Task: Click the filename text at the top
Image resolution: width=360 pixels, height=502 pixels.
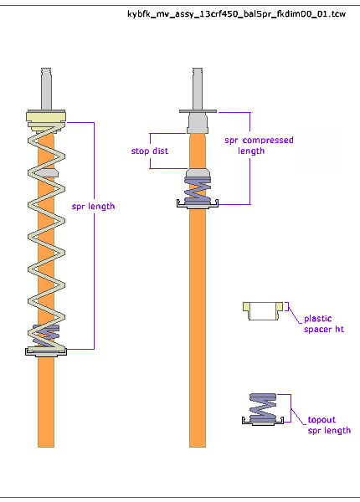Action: pos(236,14)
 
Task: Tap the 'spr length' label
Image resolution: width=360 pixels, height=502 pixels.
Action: pos(93,207)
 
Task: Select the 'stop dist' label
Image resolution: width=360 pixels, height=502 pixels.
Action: pos(150,151)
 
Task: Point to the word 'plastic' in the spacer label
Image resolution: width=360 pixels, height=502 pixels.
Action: pos(318,319)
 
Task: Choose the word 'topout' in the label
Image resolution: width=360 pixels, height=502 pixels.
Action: pos(321,420)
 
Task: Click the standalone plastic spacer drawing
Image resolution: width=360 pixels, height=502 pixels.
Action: pos(263,311)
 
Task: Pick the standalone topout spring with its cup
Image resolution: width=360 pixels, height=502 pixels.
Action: pos(263,409)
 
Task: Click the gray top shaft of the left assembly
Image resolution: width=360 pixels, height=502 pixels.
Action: pos(46,89)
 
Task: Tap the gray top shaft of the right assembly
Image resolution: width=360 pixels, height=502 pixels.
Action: pos(198,89)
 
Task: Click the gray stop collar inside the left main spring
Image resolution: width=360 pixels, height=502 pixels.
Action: pos(47,172)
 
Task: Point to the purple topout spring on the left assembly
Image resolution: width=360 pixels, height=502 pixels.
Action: pos(46,335)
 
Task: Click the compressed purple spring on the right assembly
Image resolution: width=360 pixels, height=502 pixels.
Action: pos(198,191)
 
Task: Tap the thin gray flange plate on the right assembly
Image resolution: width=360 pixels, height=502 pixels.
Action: pos(198,111)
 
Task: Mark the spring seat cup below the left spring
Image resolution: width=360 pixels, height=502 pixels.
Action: pos(46,352)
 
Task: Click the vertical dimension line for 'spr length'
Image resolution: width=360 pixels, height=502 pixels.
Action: pos(94,236)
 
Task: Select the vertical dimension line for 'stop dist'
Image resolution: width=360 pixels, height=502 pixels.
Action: pos(150,151)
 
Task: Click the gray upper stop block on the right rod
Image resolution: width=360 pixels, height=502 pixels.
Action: pos(198,123)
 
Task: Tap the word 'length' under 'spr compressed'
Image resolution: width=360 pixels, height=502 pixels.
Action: pos(251,151)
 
